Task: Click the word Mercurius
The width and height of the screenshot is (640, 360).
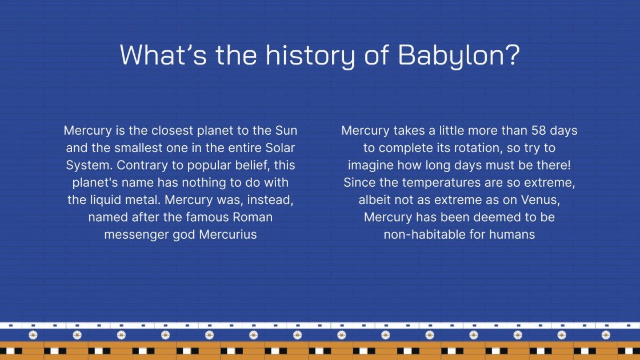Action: tap(228, 234)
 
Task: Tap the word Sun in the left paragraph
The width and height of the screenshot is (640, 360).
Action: tap(286, 130)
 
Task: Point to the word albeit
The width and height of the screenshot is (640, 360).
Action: tap(375, 200)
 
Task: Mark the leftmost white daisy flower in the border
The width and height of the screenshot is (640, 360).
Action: tap(33, 335)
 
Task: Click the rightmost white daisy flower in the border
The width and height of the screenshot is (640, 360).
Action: tap(606, 335)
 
